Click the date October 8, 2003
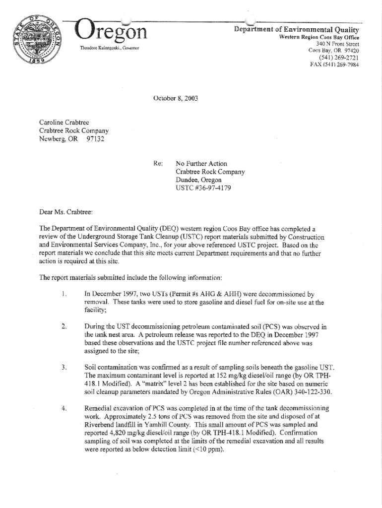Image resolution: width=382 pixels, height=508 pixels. pyautogui.click(x=176, y=98)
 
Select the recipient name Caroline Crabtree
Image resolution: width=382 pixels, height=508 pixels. pyautogui.click(x=64, y=123)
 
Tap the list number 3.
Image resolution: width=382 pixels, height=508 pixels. pyautogui.click(x=64, y=367)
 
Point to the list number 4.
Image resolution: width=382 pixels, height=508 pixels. pyautogui.click(x=64, y=408)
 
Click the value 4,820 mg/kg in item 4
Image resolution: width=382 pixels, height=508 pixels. pyautogui.click(x=108, y=433)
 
